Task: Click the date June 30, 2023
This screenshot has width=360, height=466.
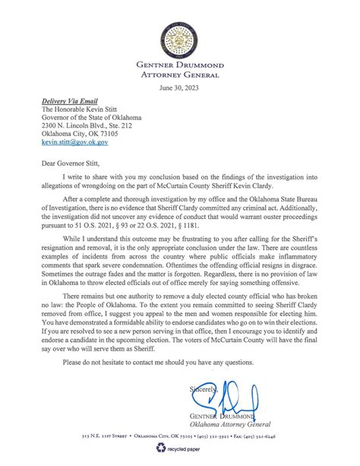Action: [x=180, y=88]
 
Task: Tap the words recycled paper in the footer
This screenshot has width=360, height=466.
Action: [x=187, y=449]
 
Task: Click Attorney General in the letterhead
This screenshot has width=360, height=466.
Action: [x=180, y=74]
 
